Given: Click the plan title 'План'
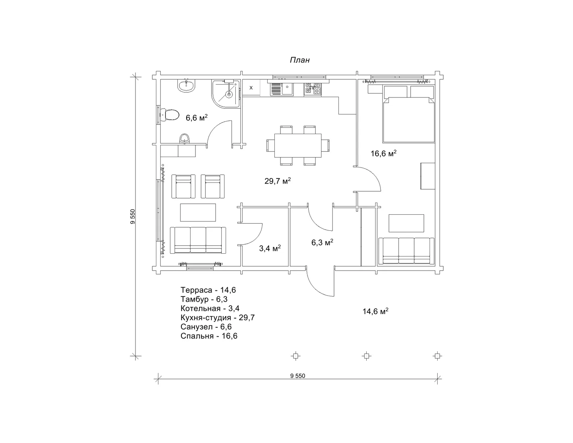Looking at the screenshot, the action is click(x=299, y=60).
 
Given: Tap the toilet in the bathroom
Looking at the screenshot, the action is click(x=170, y=115).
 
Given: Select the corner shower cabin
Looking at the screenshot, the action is click(x=226, y=94).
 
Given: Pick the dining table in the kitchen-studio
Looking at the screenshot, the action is click(x=298, y=145).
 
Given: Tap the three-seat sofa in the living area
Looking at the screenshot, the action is click(x=198, y=240).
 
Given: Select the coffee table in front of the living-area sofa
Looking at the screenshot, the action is click(x=198, y=212).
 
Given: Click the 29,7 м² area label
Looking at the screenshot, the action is click(x=277, y=181).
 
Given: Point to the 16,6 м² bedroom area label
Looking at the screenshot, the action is click(x=383, y=153).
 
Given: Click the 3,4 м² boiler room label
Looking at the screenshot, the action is click(x=270, y=248).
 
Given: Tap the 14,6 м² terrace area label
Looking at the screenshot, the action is click(x=375, y=311).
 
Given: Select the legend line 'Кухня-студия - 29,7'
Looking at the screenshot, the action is click(x=218, y=318).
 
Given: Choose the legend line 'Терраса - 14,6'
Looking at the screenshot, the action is click(x=208, y=290).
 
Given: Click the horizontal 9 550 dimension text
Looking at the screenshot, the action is click(x=297, y=376).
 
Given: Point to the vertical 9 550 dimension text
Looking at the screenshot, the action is click(x=133, y=217).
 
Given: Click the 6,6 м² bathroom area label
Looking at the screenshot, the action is click(x=197, y=118).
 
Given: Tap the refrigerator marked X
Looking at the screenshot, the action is click(x=251, y=88).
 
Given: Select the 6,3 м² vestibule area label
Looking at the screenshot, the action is click(x=322, y=242).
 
